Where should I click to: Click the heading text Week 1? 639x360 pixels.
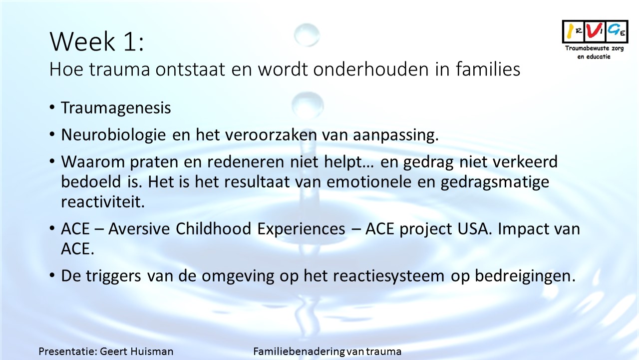click(97, 41)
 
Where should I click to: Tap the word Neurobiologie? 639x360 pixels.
click(113, 135)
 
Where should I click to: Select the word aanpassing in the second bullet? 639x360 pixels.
click(396, 135)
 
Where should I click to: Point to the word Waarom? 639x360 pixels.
click(93, 162)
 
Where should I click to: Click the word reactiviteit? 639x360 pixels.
click(103, 201)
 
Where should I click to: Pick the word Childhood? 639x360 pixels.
click(213, 229)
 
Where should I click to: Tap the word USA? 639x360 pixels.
click(475, 229)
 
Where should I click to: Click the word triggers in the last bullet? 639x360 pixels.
click(113, 276)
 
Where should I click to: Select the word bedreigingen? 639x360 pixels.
click(525, 276)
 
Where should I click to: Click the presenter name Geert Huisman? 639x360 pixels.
click(137, 351)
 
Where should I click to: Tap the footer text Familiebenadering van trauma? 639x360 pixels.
click(327, 351)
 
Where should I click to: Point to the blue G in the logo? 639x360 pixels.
click(614, 29)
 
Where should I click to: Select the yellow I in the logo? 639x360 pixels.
click(570, 31)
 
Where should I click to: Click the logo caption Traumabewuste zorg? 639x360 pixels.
click(595, 48)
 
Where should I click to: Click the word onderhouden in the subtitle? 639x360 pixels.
click(371, 69)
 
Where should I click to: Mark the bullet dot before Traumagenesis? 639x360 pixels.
click(52, 107)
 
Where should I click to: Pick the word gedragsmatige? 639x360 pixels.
click(495, 182)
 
